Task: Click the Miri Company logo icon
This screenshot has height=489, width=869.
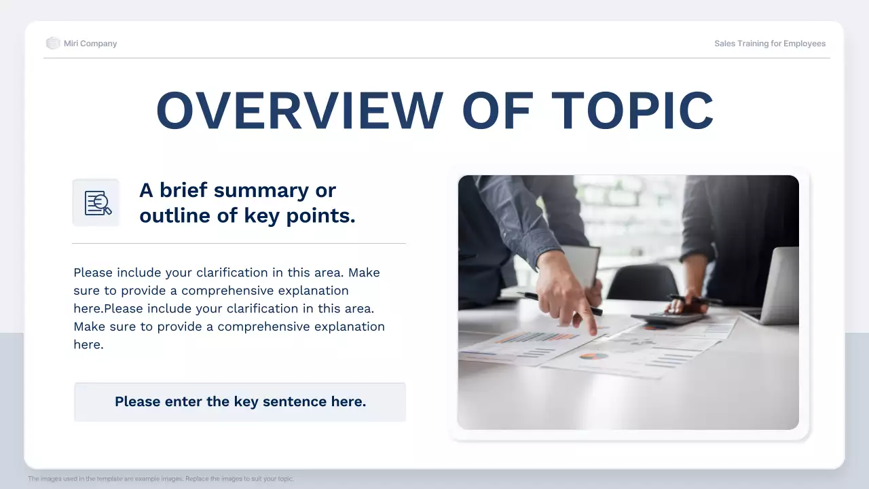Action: pyautogui.click(x=53, y=43)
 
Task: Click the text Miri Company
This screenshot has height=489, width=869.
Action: pyautogui.click(x=90, y=43)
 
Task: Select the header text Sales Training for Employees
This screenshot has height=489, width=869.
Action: pyautogui.click(x=770, y=43)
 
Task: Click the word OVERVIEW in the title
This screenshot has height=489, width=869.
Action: pyautogui.click(x=299, y=110)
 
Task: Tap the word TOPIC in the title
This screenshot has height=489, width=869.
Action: pyautogui.click(x=632, y=110)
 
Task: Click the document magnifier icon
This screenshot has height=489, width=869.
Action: pyautogui.click(x=96, y=203)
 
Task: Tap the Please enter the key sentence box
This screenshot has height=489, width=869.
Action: pyautogui.click(x=240, y=402)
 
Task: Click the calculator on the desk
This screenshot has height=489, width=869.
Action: pyautogui.click(x=668, y=318)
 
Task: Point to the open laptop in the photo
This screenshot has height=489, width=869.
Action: pyautogui.click(x=774, y=289)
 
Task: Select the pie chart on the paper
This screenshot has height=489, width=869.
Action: pyautogui.click(x=593, y=355)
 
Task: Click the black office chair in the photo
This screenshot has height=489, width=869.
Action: pyautogui.click(x=642, y=282)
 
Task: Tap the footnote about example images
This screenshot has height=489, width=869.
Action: pyautogui.click(x=161, y=479)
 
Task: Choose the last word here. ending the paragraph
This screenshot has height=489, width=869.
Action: pyautogui.click(x=88, y=344)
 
